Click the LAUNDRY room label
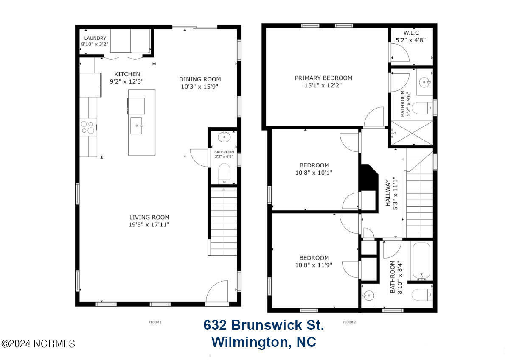tap(95, 38)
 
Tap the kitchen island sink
tap(136, 126)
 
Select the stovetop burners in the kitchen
tap(88, 127)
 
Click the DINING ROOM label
tap(200, 79)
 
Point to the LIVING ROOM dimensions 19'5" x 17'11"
tap(149, 225)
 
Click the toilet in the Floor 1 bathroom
tap(224, 173)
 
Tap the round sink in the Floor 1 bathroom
tap(224, 137)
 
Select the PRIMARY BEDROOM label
tap(323, 78)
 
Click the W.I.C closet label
tap(411, 33)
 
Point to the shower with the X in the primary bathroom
tap(412, 133)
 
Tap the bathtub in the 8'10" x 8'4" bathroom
tap(421, 261)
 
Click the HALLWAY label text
tap(388, 193)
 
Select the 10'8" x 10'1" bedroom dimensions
tap(314, 173)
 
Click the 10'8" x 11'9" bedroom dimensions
tap(314, 265)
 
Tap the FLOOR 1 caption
tap(155, 322)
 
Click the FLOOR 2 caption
tap(349, 322)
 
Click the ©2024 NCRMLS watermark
tap(38, 344)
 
